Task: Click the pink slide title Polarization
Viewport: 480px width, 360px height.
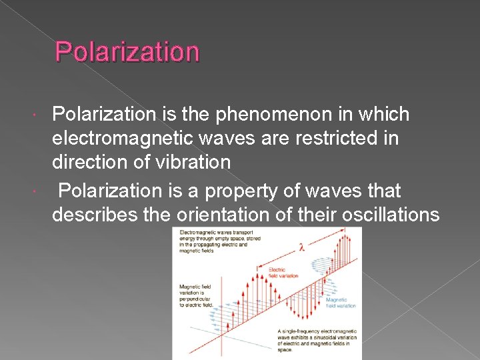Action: click(127, 51)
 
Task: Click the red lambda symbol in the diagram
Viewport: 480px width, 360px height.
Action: click(301, 247)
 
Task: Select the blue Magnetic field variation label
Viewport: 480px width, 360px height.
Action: click(341, 303)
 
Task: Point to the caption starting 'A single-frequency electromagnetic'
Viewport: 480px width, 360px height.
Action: click(317, 340)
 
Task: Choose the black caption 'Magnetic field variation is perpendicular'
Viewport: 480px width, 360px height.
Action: click(195, 295)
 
